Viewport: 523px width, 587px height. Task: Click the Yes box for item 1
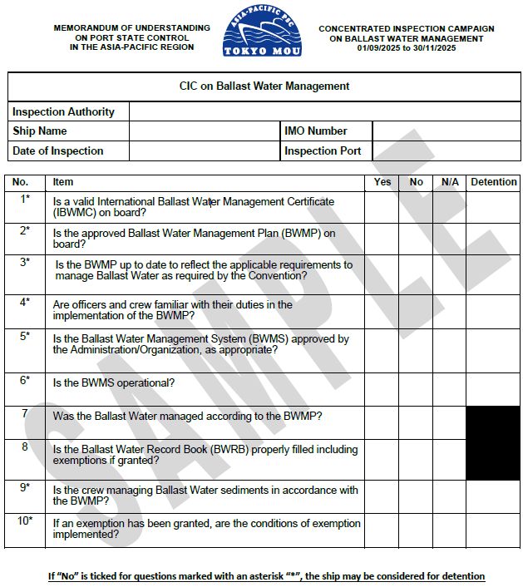382,207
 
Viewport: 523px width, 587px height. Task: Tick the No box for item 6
416,388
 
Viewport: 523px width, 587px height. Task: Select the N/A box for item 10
449,530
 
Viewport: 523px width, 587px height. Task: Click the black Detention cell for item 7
493,422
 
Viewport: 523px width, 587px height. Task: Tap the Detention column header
493,181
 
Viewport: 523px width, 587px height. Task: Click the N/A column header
449,181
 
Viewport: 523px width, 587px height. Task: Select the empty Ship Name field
205,131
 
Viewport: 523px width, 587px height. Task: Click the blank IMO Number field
445,131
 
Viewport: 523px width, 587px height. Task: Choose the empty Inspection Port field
445,151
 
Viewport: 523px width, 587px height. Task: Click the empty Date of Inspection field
205,151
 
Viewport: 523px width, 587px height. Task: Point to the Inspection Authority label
64,111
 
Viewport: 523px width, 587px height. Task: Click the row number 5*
25,336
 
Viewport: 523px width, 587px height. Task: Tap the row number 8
25,446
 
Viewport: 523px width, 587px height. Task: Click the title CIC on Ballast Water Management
264,86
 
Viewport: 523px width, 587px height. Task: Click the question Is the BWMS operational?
114,383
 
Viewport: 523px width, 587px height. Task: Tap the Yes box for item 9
382,496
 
